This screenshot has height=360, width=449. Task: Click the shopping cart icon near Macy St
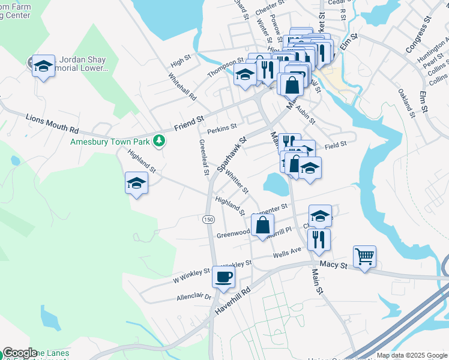pos(364,257)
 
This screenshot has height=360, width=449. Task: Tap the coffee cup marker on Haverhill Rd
pos(223,277)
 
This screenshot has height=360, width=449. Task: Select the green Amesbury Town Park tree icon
pos(159,141)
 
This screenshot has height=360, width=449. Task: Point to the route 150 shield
pos(208,220)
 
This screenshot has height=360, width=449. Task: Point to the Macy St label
pos(334,264)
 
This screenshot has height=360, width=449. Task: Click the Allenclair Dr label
pos(194,296)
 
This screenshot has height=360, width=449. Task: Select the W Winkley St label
pos(191,275)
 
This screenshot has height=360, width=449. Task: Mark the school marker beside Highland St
pos(136,183)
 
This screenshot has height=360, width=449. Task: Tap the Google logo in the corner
pos(19,353)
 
